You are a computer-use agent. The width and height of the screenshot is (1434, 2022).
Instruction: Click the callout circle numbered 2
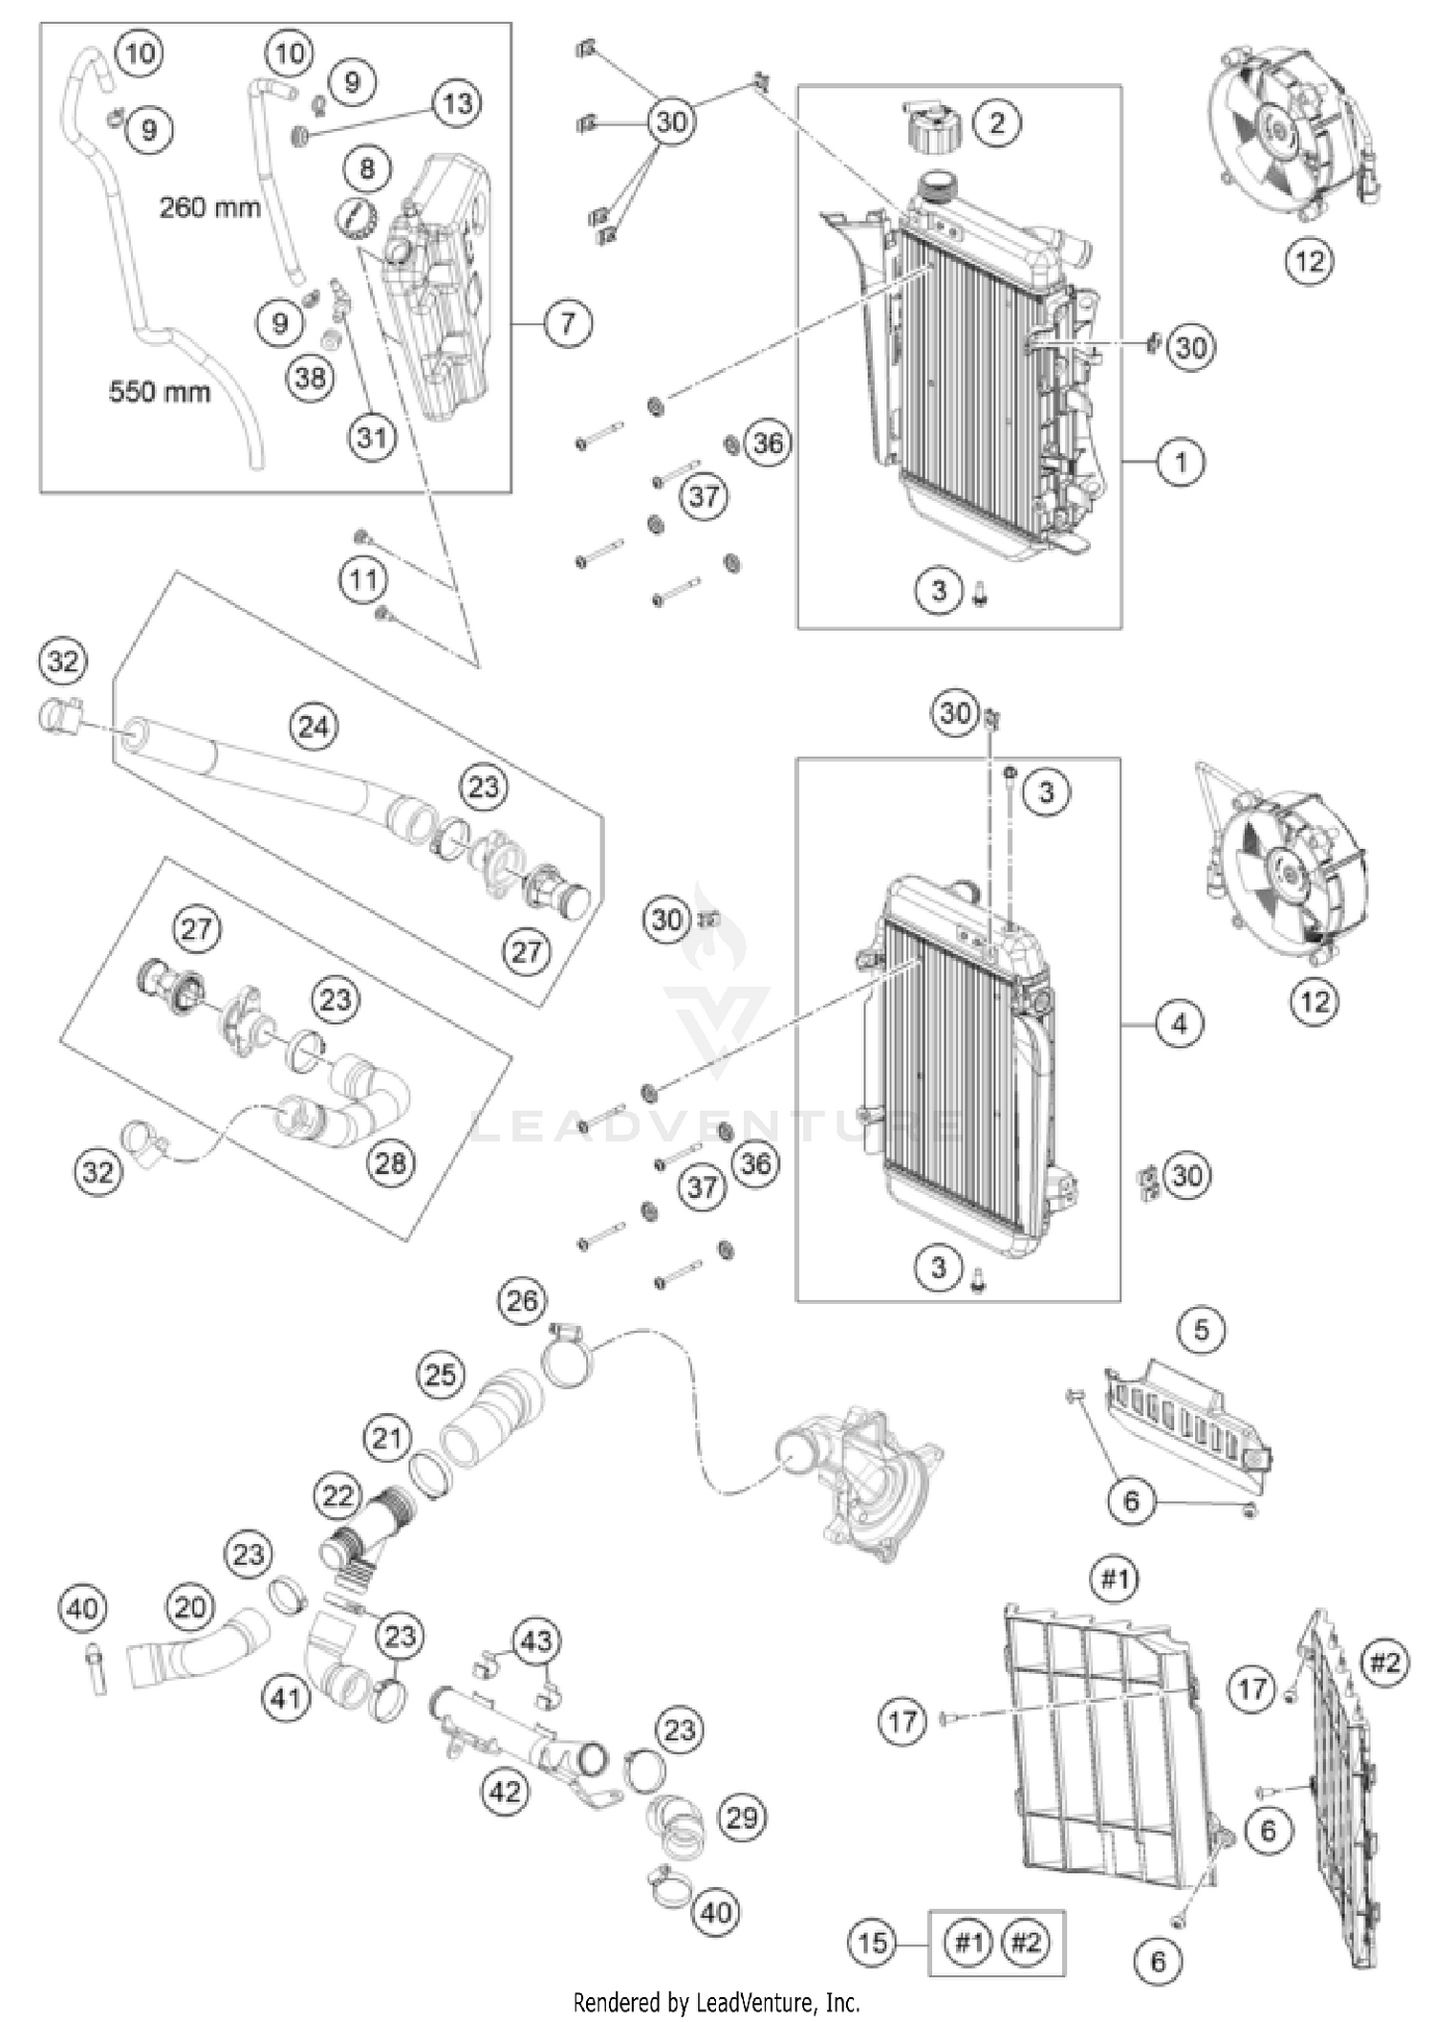click(x=998, y=122)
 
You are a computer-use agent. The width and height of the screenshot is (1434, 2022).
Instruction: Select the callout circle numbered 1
click(x=1181, y=463)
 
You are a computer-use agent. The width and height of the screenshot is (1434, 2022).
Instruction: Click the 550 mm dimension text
click(x=159, y=391)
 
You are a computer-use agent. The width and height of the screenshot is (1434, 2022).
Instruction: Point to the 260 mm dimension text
click(x=209, y=207)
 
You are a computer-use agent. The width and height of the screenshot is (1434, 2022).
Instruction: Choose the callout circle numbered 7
click(x=568, y=323)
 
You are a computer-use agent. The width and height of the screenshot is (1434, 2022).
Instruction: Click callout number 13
click(x=457, y=103)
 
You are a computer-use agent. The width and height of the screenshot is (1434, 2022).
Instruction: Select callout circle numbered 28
click(x=390, y=1163)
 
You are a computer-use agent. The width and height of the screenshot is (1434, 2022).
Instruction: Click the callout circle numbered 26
click(x=522, y=1300)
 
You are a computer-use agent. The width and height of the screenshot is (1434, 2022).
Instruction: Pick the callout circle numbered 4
click(x=1180, y=1024)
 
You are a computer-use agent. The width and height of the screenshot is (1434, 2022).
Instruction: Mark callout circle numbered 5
click(x=1202, y=1330)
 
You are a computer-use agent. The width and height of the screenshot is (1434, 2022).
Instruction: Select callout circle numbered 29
click(x=742, y=1817)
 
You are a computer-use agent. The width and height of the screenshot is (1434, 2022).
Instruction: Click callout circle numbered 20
click(x=189, y=1607)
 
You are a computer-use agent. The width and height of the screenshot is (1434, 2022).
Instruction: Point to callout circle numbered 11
click(x=363, y=579)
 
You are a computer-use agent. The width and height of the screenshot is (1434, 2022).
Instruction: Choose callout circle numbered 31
click(x=371, y=437)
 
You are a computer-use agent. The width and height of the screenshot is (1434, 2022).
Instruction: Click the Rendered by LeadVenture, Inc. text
click(x=716, y=2002)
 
